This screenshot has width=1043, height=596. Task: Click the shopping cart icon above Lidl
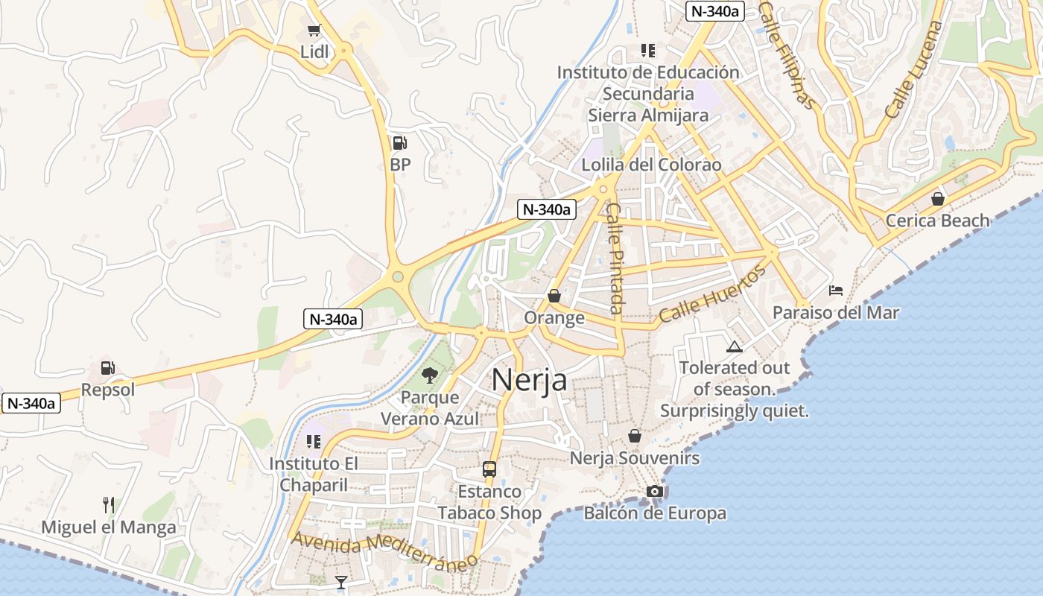click(x=314, y=31)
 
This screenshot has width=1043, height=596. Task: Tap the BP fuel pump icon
click(x=400, y=142)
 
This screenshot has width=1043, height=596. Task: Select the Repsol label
click(x=108, y=390)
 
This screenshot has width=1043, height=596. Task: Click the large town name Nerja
click(x=529, y=380)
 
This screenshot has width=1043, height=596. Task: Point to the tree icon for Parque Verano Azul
click(x=429, y=375)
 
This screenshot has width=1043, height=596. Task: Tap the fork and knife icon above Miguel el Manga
click(x=109, y=505)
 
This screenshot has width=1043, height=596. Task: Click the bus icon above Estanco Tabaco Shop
click(x=489, y=469)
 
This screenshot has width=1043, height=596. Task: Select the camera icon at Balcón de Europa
click(x=655, y=491)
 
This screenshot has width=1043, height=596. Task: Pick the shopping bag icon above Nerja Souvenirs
click(x=635, y=435)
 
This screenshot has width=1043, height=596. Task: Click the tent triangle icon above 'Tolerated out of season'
click(x=735, y=346)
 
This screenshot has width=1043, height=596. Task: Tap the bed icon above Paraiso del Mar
click(x=836, y=290)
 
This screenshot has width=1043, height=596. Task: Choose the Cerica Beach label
click(x=937, y=221)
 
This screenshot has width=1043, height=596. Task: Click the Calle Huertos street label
click(x=712, y=295)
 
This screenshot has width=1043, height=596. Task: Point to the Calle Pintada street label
click(x=615, y=259)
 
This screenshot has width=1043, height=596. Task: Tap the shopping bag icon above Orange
click(x=554, y=296)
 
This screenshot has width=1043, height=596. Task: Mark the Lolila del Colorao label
click(x=651, y=165)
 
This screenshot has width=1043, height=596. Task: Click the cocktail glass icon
click(x=341, y=582)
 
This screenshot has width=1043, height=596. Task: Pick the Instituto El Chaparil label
click(x=313, y=475)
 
